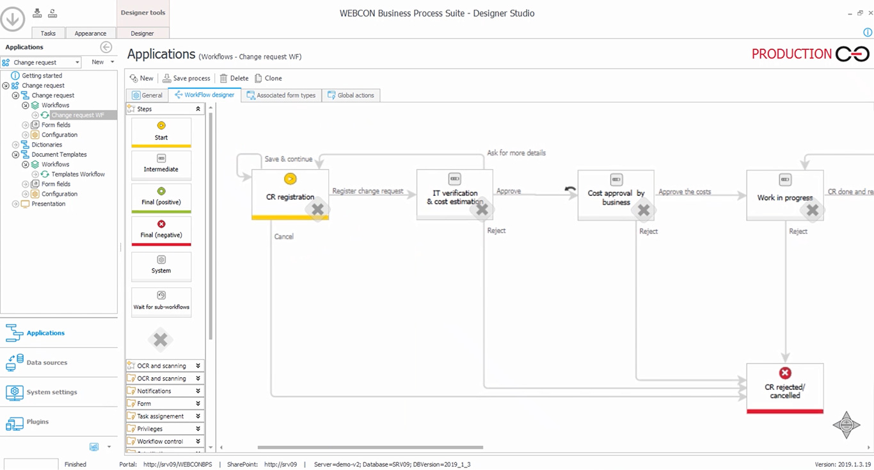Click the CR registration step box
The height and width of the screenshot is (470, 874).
click(290, 194)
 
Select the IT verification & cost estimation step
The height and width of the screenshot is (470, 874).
click(454, 194)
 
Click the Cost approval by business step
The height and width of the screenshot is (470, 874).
click(616, 195)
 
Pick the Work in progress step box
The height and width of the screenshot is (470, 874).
click(784, 195)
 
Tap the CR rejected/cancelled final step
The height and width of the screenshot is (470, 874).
click(784, 387)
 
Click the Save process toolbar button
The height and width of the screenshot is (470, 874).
click(186, 78)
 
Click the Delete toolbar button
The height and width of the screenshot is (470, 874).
click(234, 78)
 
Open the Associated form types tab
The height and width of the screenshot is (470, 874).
click(282, 95)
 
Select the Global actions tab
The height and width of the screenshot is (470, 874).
click(351, 95)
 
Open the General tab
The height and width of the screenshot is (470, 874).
click(147, 95)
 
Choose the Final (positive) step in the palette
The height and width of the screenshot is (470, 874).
click(161, 199)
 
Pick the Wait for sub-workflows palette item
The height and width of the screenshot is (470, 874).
click(161, 300)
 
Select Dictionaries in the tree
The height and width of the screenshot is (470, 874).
click(47, 145)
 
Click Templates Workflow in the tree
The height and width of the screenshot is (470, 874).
click(78, 174)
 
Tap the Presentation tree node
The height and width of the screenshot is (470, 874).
click(49, 204)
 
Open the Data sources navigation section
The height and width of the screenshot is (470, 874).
click(47, 362)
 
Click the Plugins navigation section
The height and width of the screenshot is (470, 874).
click(38, 422)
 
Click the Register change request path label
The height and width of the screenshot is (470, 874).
click(367, 191)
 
